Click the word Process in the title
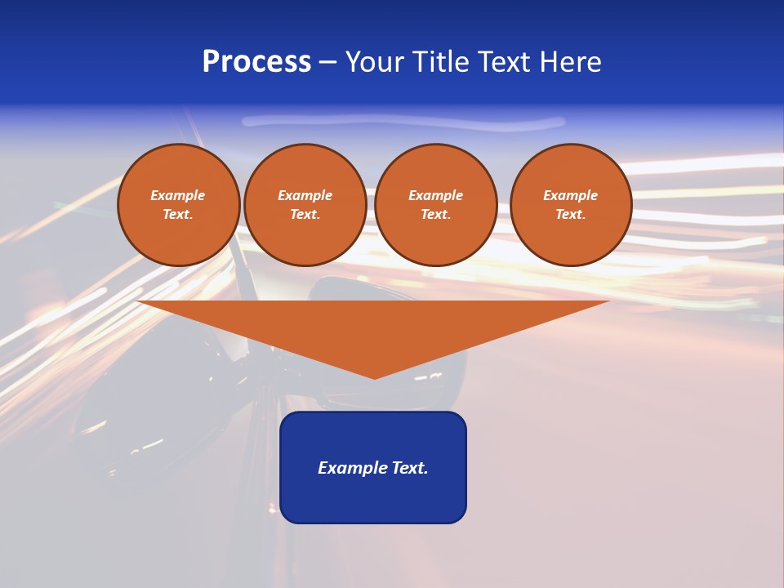tap(256, 62)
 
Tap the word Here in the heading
tap(569, 62)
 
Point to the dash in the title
tap(327, 63)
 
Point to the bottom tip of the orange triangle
tap(375, 376)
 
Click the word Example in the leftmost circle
tap(178, 195)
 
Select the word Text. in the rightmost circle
tap(570, 214)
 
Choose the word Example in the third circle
tap(435, 195)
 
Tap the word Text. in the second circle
tap(305, 214)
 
